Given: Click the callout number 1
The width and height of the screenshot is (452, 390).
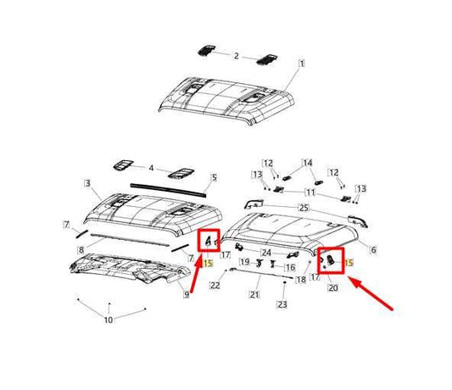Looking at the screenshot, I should pos(303,63).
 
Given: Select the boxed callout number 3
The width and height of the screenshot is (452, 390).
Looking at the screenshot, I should pos(86,183).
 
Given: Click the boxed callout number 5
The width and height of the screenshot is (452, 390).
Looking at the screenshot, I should pos(215,177).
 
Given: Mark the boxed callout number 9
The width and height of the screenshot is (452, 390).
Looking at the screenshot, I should pos(187,294).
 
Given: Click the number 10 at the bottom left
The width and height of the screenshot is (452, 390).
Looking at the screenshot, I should pos(108,320).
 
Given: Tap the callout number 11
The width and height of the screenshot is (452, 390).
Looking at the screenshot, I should pos(310,193).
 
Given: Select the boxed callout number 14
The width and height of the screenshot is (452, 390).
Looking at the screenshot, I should pos(308,162).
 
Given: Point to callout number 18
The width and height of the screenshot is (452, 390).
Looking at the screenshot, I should pos(301,278).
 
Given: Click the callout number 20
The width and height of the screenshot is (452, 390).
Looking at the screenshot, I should pos(332,287).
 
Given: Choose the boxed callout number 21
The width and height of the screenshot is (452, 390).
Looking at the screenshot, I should pos(254,295).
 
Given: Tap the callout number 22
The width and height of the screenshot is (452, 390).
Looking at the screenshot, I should pos(215,286).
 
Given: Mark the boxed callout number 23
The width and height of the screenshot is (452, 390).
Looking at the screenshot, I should pos(282,304).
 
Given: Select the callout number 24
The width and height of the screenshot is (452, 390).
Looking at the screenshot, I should pos(266,251).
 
